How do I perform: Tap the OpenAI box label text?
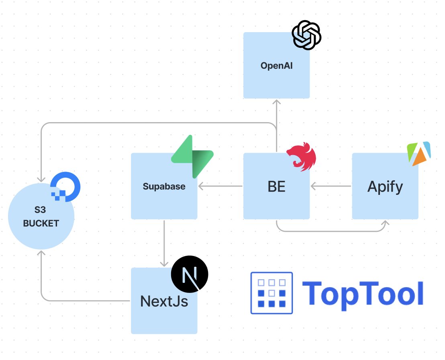click(x=276, y=65)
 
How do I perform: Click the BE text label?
click(x=276, y=187)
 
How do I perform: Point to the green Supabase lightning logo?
click(x=192, y=157)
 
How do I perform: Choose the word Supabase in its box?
click(x=164, y=186)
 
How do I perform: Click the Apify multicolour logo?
click(x=418, y=153)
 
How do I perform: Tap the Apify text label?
click(x=385, y=187)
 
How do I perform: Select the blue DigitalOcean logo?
click(x=65, y=186)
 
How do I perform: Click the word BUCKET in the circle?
click(x=41, y=223)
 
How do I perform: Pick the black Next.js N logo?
click(x=190, y=274)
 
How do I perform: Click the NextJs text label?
click(x=164, y=301)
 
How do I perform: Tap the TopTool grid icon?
click(x=271, y=293)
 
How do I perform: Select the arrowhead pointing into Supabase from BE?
click(x=201, y=186)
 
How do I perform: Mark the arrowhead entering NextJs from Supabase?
click(x=164, y=264)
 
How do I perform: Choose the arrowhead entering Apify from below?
click(x=386, y=223)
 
